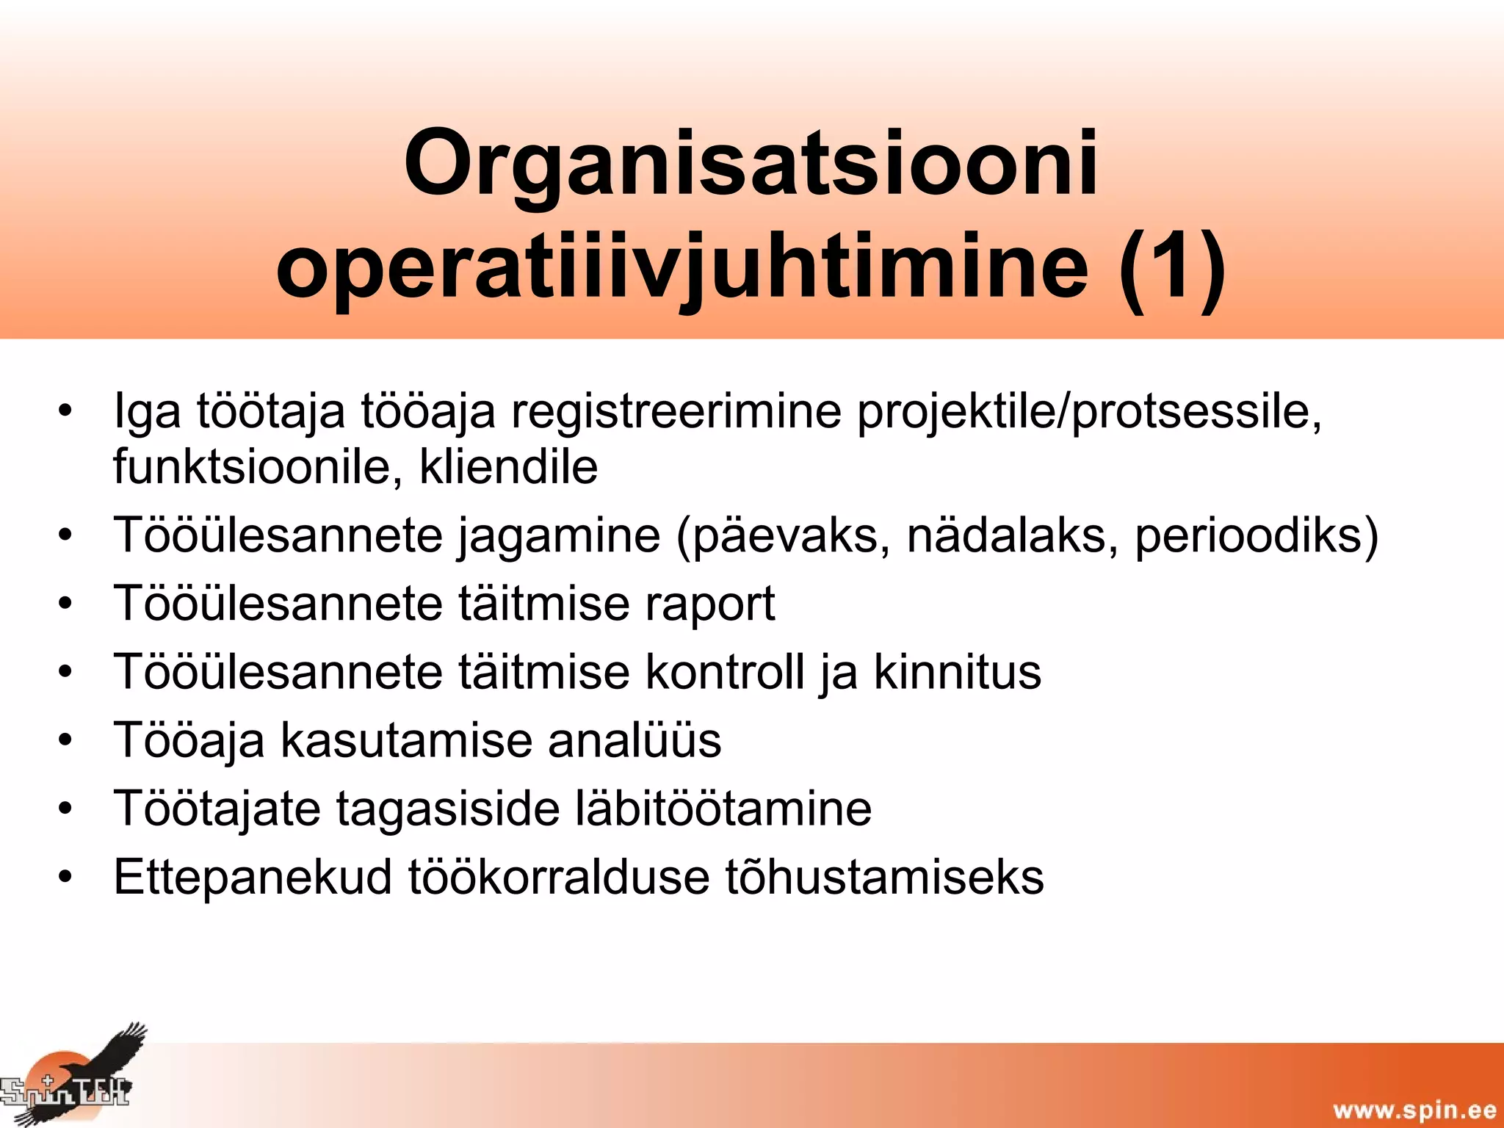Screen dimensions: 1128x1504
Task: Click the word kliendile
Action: coord(508,467)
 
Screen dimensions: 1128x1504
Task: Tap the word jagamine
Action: coord(560,536)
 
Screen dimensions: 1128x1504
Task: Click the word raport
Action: coord(709,604)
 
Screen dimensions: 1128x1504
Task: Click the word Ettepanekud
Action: coord(253,877)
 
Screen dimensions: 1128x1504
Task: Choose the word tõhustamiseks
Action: coord(884,877)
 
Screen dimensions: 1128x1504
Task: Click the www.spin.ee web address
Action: coord(1414,1110)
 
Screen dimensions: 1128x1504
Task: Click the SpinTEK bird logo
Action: coord(73,1076)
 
